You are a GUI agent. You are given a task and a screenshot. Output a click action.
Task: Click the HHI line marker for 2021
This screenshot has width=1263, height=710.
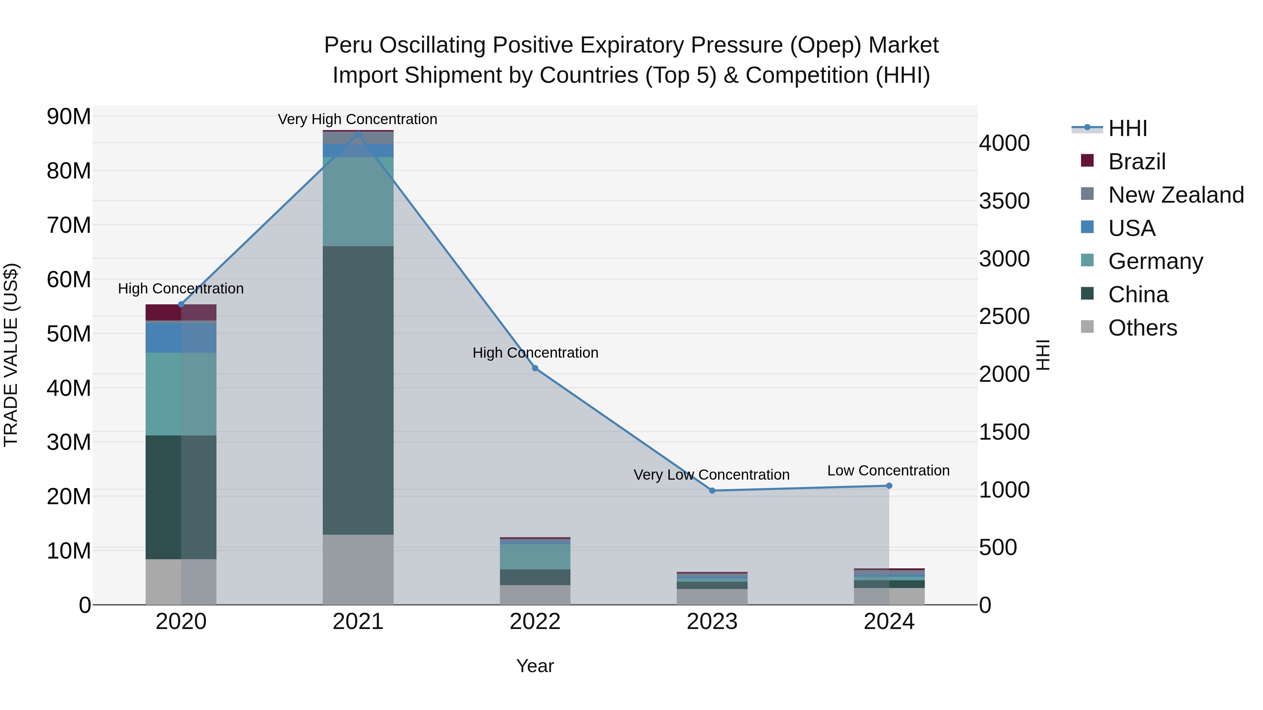coord(358,134)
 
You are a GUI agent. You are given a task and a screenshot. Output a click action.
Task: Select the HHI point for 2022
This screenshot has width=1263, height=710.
coord(535,368)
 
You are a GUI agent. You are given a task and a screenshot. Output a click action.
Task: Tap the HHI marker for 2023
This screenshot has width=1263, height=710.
coord(712,491)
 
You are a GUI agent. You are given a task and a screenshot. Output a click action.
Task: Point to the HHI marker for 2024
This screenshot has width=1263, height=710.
coord(889,486)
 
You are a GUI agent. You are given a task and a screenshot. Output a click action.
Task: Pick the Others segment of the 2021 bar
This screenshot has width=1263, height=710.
coord(358,569)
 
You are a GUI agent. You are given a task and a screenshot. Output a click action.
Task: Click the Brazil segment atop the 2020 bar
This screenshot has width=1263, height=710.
coord(181,312)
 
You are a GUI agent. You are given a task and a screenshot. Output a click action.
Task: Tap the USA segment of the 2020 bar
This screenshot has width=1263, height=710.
coord(181,338)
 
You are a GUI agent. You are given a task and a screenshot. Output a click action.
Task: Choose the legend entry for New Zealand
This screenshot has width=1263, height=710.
coord(1176,195)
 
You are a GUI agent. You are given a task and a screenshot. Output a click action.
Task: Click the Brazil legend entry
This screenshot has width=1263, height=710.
coord(1136,162)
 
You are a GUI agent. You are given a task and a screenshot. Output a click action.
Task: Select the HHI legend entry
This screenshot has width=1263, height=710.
coord(1127,128)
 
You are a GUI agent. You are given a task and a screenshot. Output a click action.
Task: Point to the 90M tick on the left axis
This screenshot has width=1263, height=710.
coord(69,117)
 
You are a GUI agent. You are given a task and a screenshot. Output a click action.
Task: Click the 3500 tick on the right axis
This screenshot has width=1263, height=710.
coord(1004,201)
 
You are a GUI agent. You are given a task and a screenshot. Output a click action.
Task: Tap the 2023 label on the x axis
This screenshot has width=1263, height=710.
coord(712,622)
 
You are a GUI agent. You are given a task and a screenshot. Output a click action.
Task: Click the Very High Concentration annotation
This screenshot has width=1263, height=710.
coord(357,120)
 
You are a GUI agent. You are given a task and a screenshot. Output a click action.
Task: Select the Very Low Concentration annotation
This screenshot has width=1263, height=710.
coord(711,475)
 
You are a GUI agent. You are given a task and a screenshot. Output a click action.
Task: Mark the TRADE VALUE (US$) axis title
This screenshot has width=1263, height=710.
coord(11,355)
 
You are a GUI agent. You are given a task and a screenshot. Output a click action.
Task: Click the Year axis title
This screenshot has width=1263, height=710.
coord(535,666)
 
